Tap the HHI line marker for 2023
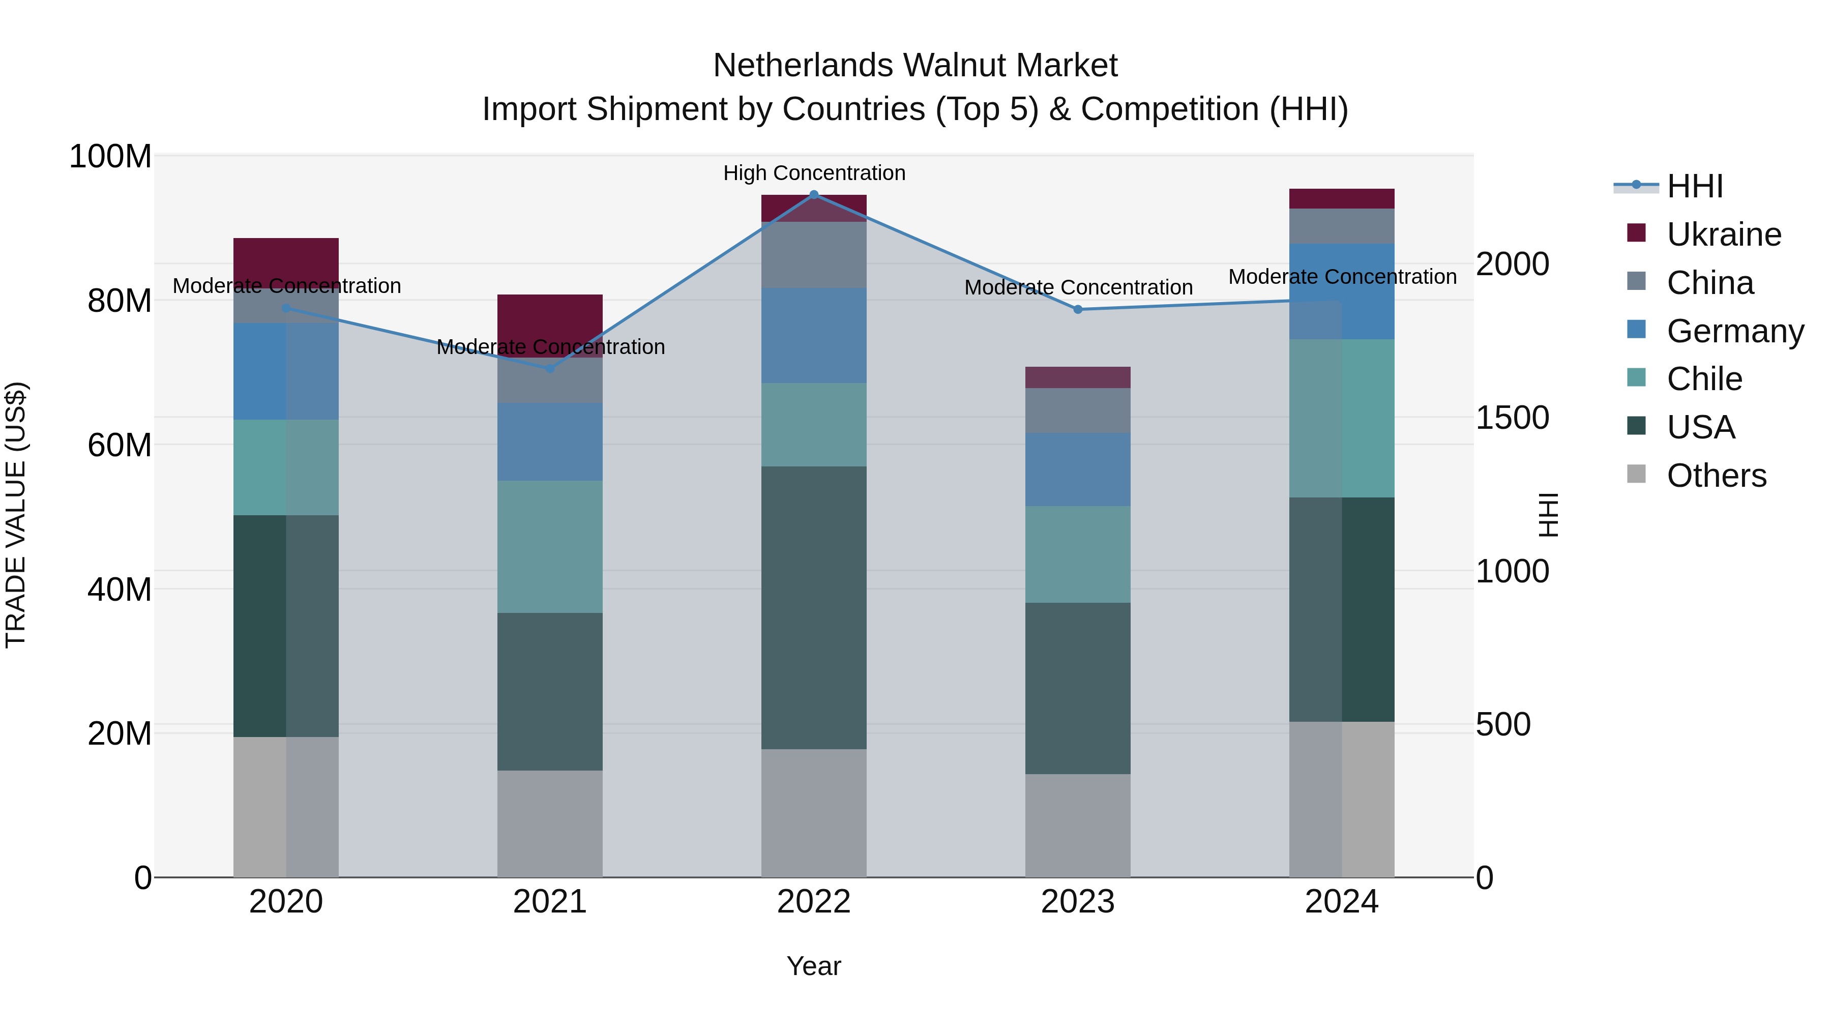[x=1078, y=309]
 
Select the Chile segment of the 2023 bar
[x=1078, y=554]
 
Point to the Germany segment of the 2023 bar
[x=1078, y=469]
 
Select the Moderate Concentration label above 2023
[x=1078, y=287]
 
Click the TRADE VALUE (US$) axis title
[x=16, y=515]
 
